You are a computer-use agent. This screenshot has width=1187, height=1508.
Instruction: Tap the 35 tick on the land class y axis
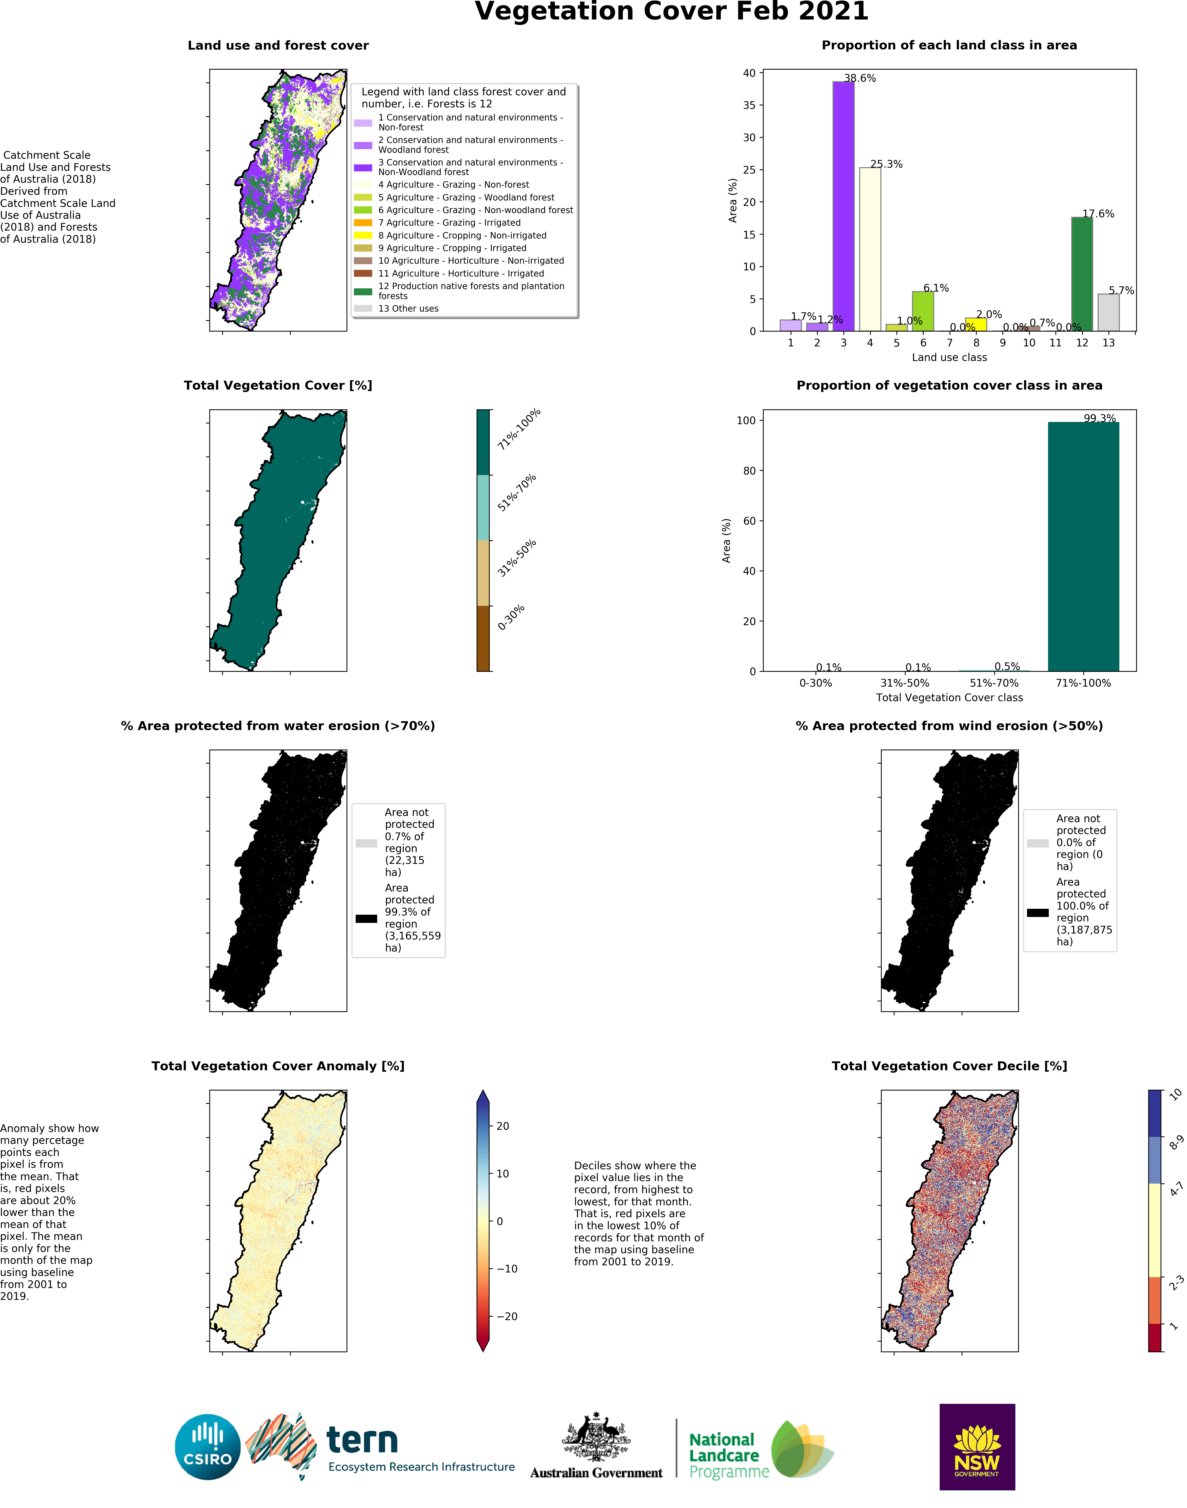click(749, 105)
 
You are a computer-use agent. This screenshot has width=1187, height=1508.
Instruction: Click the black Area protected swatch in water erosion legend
click(366, 918)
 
